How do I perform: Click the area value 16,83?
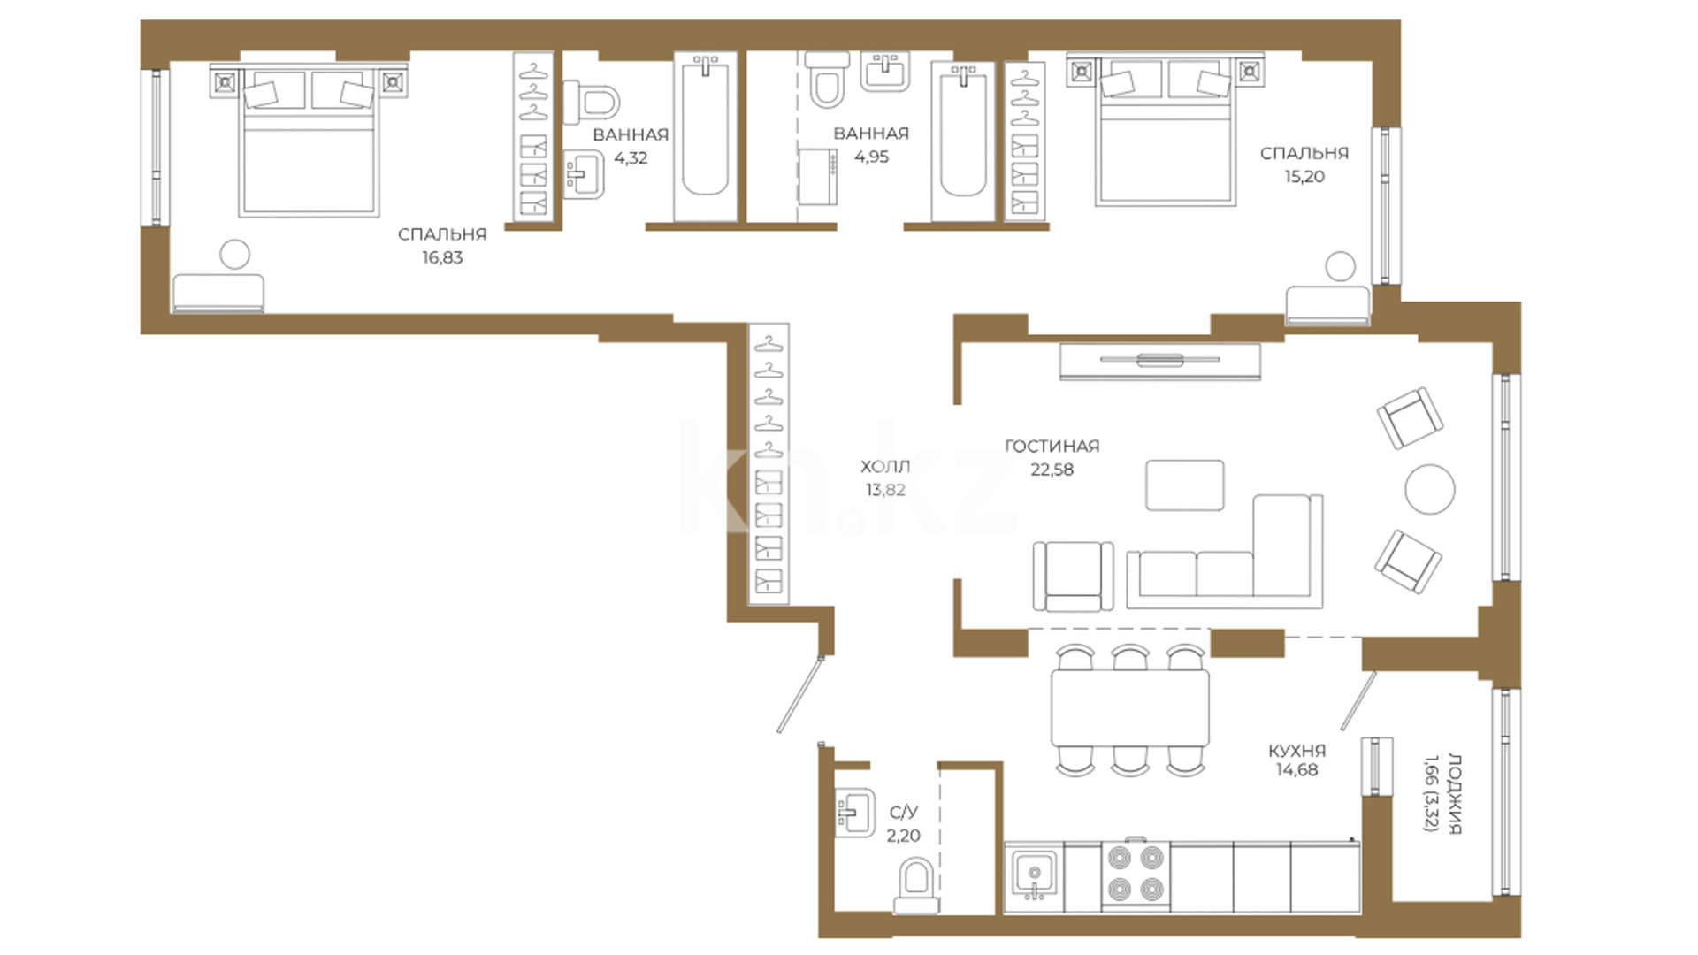(x=442, y=258)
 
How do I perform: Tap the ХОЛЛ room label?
(x=885, y=466)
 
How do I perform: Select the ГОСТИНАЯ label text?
(x=1052, y=447)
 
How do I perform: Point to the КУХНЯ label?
(x=1296, y=751)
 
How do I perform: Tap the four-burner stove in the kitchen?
(x=1136, y=874)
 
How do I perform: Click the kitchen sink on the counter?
(x=1033, y=875)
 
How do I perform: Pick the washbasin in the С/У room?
(x=854, y=812)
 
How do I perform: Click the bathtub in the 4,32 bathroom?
(x=705, y=136)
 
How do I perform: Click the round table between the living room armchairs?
(x=1430, y=489)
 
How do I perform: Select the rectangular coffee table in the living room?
(x=1185, y=485)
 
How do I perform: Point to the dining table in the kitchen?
(x=1130, y=708)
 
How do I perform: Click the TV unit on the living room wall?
(x=1160, y=361)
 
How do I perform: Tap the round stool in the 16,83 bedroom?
(x=234, y=255)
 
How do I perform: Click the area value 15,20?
(x=1304, y=177)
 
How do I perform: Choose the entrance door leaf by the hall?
(x=800, y=694)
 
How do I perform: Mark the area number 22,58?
(x=1052, y=470)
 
